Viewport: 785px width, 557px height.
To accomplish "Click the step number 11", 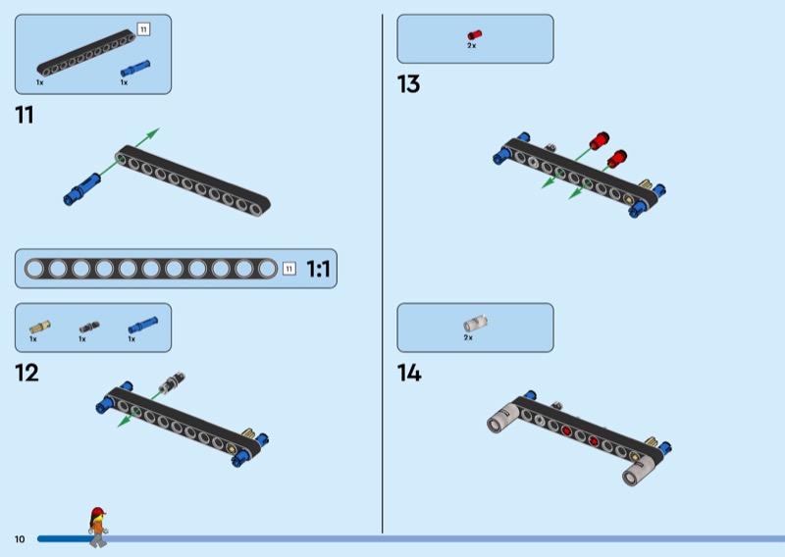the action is pyautogui.click(x=25, y=115).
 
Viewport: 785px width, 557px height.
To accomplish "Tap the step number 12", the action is pyautogui.click(x=26, y=373).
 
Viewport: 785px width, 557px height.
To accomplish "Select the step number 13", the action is pyautogui.click(x=408, y=84).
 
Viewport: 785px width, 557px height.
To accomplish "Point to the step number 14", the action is pyautogui.click(x=409, y=373).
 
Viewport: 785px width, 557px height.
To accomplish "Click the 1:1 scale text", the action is pyautogui.click(x=318, y=270).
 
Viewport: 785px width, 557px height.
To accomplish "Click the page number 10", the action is pyautogui.click(x=20, y=539).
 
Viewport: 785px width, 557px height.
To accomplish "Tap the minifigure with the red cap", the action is pyautogui.click(x=98, y=527).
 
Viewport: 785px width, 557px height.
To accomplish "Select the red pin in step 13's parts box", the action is pyautogui.click(x=475, y=34).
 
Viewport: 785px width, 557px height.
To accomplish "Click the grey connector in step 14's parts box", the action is pyautogui.click(x=475, y=324).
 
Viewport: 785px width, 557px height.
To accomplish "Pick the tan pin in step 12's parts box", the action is pyautogui.click(x=39, y=328).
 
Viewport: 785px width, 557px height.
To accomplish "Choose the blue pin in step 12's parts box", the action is pyautogui.click(x=143, y=326).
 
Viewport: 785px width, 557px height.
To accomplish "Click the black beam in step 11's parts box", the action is pyautogui.click(x=86, y=53).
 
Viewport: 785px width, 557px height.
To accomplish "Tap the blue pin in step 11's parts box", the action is pyautogui.click(x=135, y=69).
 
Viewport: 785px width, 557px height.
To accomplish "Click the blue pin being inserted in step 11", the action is pyautogui.click(x=81, y=189).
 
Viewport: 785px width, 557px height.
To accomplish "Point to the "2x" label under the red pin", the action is pyautogui.click(x=472, y=45).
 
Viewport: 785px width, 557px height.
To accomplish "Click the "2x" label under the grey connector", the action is pyautogui.click(x=468, y=337).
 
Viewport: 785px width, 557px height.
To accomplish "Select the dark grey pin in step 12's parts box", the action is pyautogui.click(x=89, y=328).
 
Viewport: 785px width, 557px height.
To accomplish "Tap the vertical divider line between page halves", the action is pyautogui.click(x=383, y=274).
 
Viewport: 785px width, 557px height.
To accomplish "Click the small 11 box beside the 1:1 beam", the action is pyautogui.click(x=288, y=269).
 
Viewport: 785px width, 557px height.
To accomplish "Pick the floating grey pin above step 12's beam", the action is pyautogui.click(x=172, y=382).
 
